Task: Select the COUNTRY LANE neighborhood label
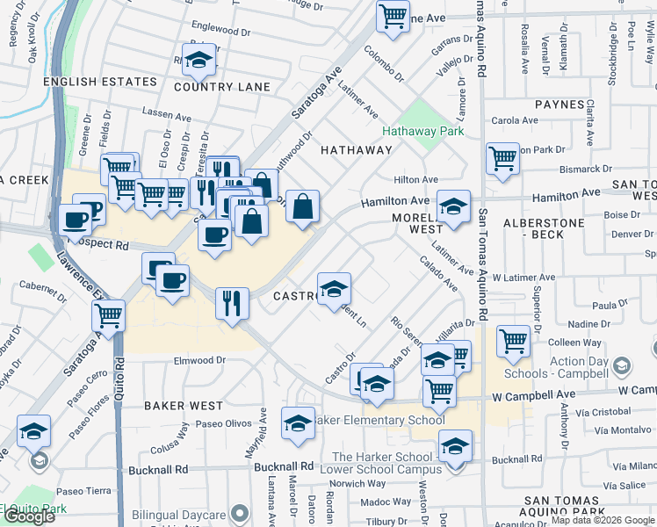[221, 87]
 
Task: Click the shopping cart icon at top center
[393, 14]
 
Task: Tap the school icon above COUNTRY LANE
[199, 59]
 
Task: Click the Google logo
[28, 516]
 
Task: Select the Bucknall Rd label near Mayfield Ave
[284, 466]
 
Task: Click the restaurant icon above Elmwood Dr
[232, 303]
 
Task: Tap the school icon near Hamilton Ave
[453, 206]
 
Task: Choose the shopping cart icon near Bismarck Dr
[502, 159]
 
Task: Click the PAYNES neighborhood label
[560, 105]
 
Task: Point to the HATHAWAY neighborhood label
[356, 150]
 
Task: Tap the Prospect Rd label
[99, 245]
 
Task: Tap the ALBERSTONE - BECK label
[544, 230]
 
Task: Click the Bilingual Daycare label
[178, 515]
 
